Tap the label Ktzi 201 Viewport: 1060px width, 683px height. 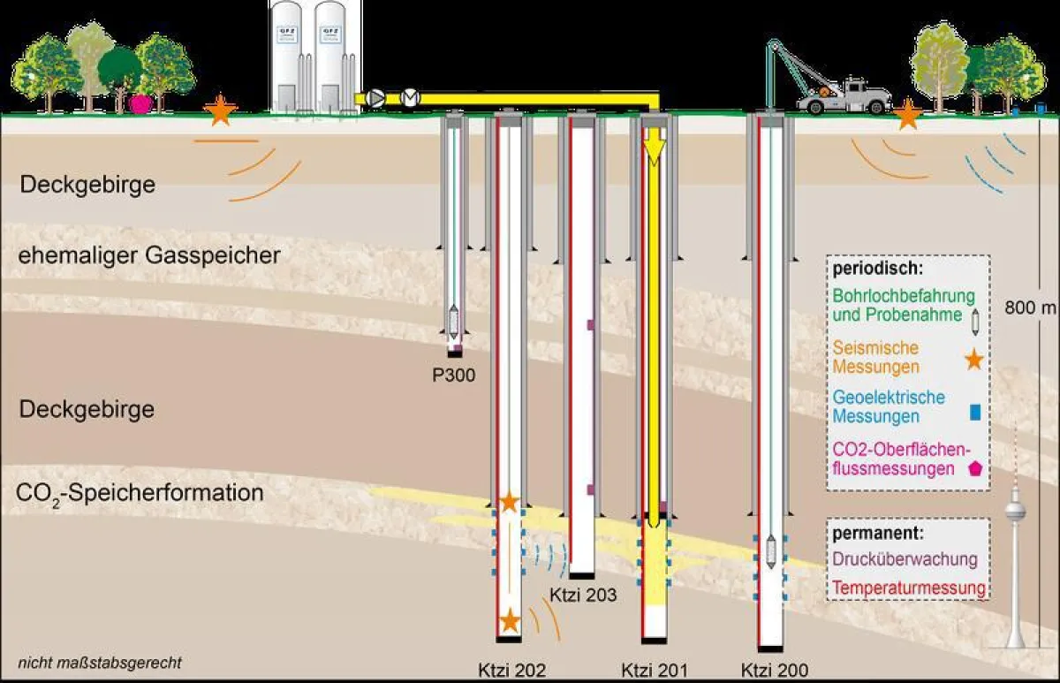click(x=654, y=670)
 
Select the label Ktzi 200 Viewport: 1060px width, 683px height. click(x=774, y=670)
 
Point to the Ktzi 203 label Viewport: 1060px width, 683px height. click(x=583, y=595)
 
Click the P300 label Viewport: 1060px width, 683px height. click(x=453, y=376)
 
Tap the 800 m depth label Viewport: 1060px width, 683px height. click(x=1030, y=307)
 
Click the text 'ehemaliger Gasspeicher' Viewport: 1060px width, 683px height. click(x=149, y=256)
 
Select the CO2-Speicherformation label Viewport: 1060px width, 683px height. click(x=140, y=493)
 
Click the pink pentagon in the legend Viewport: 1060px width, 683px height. click(x=975, y=468)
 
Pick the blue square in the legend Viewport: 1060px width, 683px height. click(x=974, y=411)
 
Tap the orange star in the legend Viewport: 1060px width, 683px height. click(x=973, y=359)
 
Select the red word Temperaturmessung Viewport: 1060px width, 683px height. click(x=909, y=588)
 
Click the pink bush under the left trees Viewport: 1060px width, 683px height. click(x=140, y=103)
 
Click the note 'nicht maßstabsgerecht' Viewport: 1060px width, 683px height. click(x=98, y=662)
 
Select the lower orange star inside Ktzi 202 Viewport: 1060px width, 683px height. click(x=510, y=620)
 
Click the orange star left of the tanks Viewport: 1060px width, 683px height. click(x=220, y=110)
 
